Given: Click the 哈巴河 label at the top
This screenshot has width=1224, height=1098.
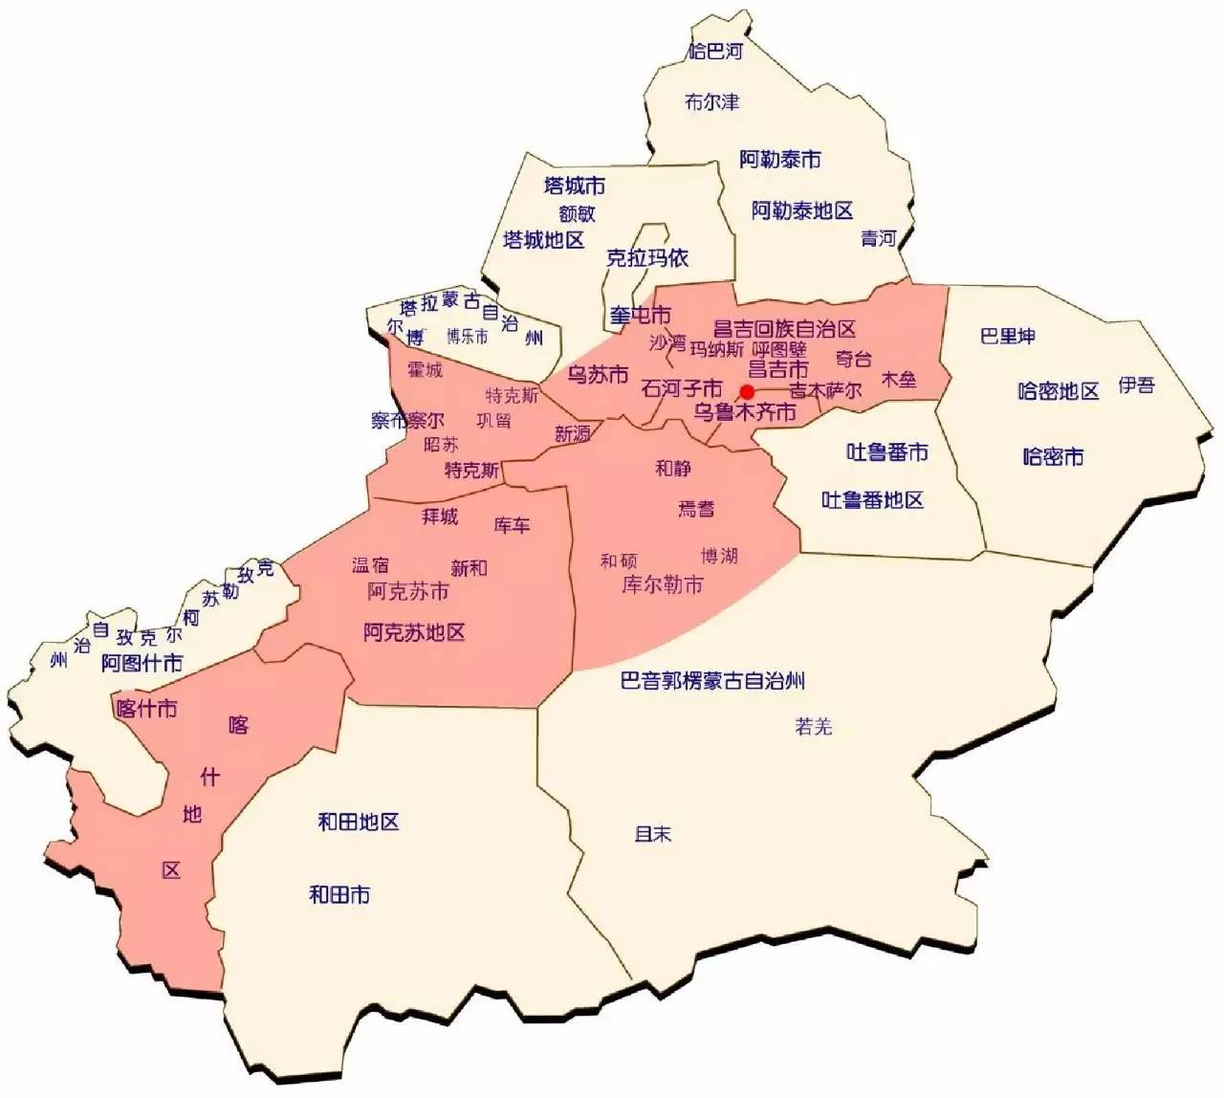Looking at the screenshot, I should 715,51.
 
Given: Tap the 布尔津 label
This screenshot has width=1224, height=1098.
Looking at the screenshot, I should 712,101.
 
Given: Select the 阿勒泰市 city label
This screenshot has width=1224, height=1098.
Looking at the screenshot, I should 780,160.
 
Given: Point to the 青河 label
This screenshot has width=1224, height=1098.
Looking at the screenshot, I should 878,238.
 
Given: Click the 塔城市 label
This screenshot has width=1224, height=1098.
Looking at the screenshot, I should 574,185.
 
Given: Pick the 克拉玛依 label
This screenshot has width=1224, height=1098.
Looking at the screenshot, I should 647,258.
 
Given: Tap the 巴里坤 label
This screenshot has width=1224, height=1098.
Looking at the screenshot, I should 1008,336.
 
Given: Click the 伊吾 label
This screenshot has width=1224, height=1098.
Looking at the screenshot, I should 1137,384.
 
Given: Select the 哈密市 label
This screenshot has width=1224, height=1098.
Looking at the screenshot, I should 1053,456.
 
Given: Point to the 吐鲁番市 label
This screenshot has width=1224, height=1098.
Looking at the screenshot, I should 887,451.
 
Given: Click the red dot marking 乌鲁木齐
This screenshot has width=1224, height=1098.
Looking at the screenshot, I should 748,392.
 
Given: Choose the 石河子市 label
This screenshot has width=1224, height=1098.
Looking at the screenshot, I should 682,388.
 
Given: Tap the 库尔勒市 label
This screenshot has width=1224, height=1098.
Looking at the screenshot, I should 663,583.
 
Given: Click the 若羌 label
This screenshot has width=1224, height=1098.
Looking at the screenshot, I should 814,727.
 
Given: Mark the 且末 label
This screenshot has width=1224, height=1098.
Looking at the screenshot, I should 653,834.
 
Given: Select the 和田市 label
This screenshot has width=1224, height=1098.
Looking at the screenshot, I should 339,895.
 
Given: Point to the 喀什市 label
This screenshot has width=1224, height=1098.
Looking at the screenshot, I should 145,709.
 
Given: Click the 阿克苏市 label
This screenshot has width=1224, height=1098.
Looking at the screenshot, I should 408,592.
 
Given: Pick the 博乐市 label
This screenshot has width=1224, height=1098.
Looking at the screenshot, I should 468,336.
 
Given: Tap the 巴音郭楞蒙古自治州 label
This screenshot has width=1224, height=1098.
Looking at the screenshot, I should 712,681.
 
